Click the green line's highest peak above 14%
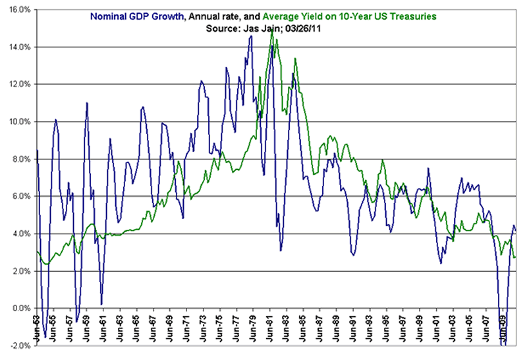coord(271,31)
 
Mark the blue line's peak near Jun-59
coord(86,103)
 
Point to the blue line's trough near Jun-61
coord(101,304)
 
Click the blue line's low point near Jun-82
coord(281,251)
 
